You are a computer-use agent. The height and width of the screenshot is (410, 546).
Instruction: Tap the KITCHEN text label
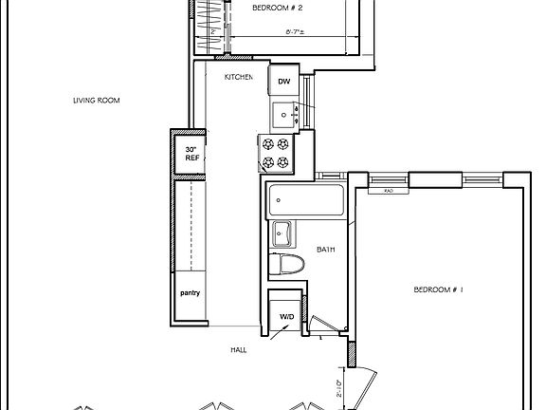point(238,77)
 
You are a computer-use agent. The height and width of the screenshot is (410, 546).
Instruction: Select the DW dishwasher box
point(283,83)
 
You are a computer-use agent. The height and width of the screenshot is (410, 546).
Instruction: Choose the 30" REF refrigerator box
point(192,153)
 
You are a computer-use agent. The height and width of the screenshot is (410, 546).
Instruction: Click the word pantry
point(191,293)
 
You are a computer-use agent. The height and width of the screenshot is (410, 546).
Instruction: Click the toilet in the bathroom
point(285,266)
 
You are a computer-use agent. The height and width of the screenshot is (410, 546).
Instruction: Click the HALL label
point(239,349)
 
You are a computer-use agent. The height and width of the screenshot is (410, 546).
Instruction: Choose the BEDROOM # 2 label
point(277,9)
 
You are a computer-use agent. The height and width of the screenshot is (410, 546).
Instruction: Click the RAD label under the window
point(390,190)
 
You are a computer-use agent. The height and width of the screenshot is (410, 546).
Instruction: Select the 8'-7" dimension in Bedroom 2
point(295,31)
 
